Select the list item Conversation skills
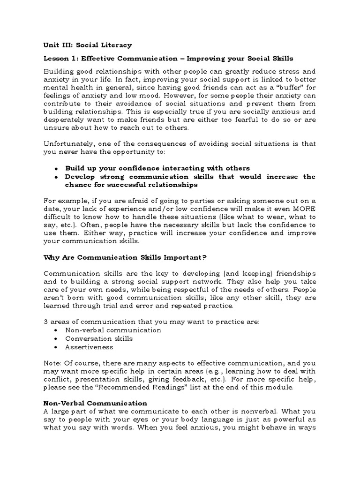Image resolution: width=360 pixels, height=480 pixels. click(x=99, y=338)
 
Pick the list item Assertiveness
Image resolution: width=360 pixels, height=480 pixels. click(x=89, y=347)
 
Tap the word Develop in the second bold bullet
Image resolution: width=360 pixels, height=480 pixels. click(x=81, y=177)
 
